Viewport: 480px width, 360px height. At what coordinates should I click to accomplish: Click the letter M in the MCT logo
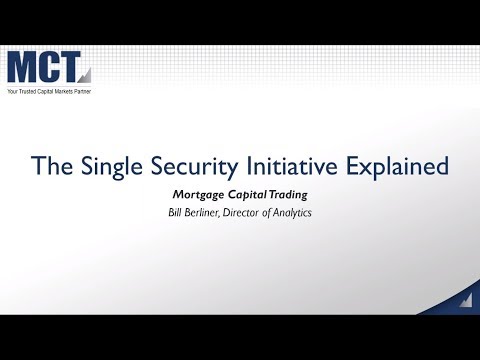23,68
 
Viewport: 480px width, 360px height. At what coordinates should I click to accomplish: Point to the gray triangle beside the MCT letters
85,73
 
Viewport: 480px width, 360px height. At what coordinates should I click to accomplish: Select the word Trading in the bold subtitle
290,194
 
